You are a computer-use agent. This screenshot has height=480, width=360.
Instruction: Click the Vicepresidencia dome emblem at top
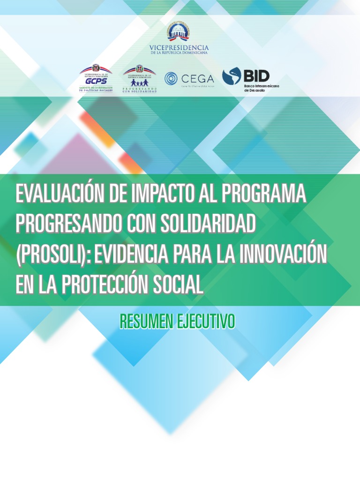179,32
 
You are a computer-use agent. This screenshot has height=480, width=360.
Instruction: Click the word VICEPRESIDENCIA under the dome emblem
179,48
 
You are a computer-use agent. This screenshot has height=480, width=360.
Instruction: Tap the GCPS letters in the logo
96,81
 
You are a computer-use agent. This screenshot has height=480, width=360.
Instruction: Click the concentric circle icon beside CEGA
172,78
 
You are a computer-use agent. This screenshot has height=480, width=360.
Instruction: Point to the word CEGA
197,78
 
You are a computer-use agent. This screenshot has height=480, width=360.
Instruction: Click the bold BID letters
256,75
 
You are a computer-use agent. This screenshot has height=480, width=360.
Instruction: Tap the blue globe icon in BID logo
232,76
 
